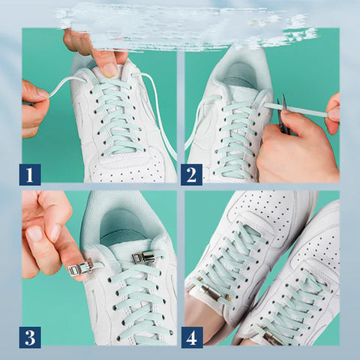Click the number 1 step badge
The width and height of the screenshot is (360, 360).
point(30,175)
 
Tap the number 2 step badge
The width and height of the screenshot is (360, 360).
point(191,175)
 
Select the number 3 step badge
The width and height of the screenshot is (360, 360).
point(30,337)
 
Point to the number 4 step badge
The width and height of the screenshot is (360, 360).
point(191,337)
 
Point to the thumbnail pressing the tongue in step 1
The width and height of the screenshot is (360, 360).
point(110,70)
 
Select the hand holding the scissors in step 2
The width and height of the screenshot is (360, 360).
point(296,146)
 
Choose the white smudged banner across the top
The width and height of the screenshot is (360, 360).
point(180,26)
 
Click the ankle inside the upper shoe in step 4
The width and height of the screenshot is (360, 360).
point(201,319)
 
